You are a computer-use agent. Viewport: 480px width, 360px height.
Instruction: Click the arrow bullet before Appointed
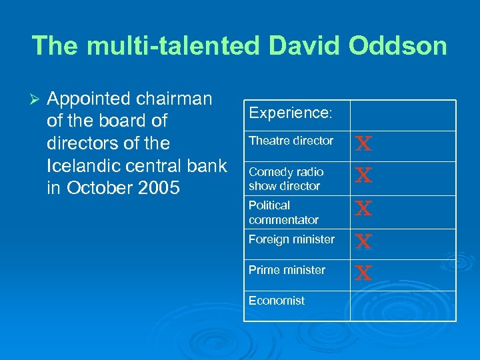37,99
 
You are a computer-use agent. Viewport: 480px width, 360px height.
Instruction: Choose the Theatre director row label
291,141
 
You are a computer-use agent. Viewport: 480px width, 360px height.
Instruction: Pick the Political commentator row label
283,212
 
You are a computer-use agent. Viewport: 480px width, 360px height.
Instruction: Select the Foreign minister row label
291,239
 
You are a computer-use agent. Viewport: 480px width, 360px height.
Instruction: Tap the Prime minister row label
287,270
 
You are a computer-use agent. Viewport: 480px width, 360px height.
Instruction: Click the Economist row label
276,301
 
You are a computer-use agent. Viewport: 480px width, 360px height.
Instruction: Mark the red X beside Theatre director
363,143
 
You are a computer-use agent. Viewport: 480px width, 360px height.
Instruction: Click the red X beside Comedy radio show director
363,175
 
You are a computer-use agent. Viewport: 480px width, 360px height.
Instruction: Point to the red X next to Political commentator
363,209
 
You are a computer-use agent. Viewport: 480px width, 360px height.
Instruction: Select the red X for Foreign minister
363,241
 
